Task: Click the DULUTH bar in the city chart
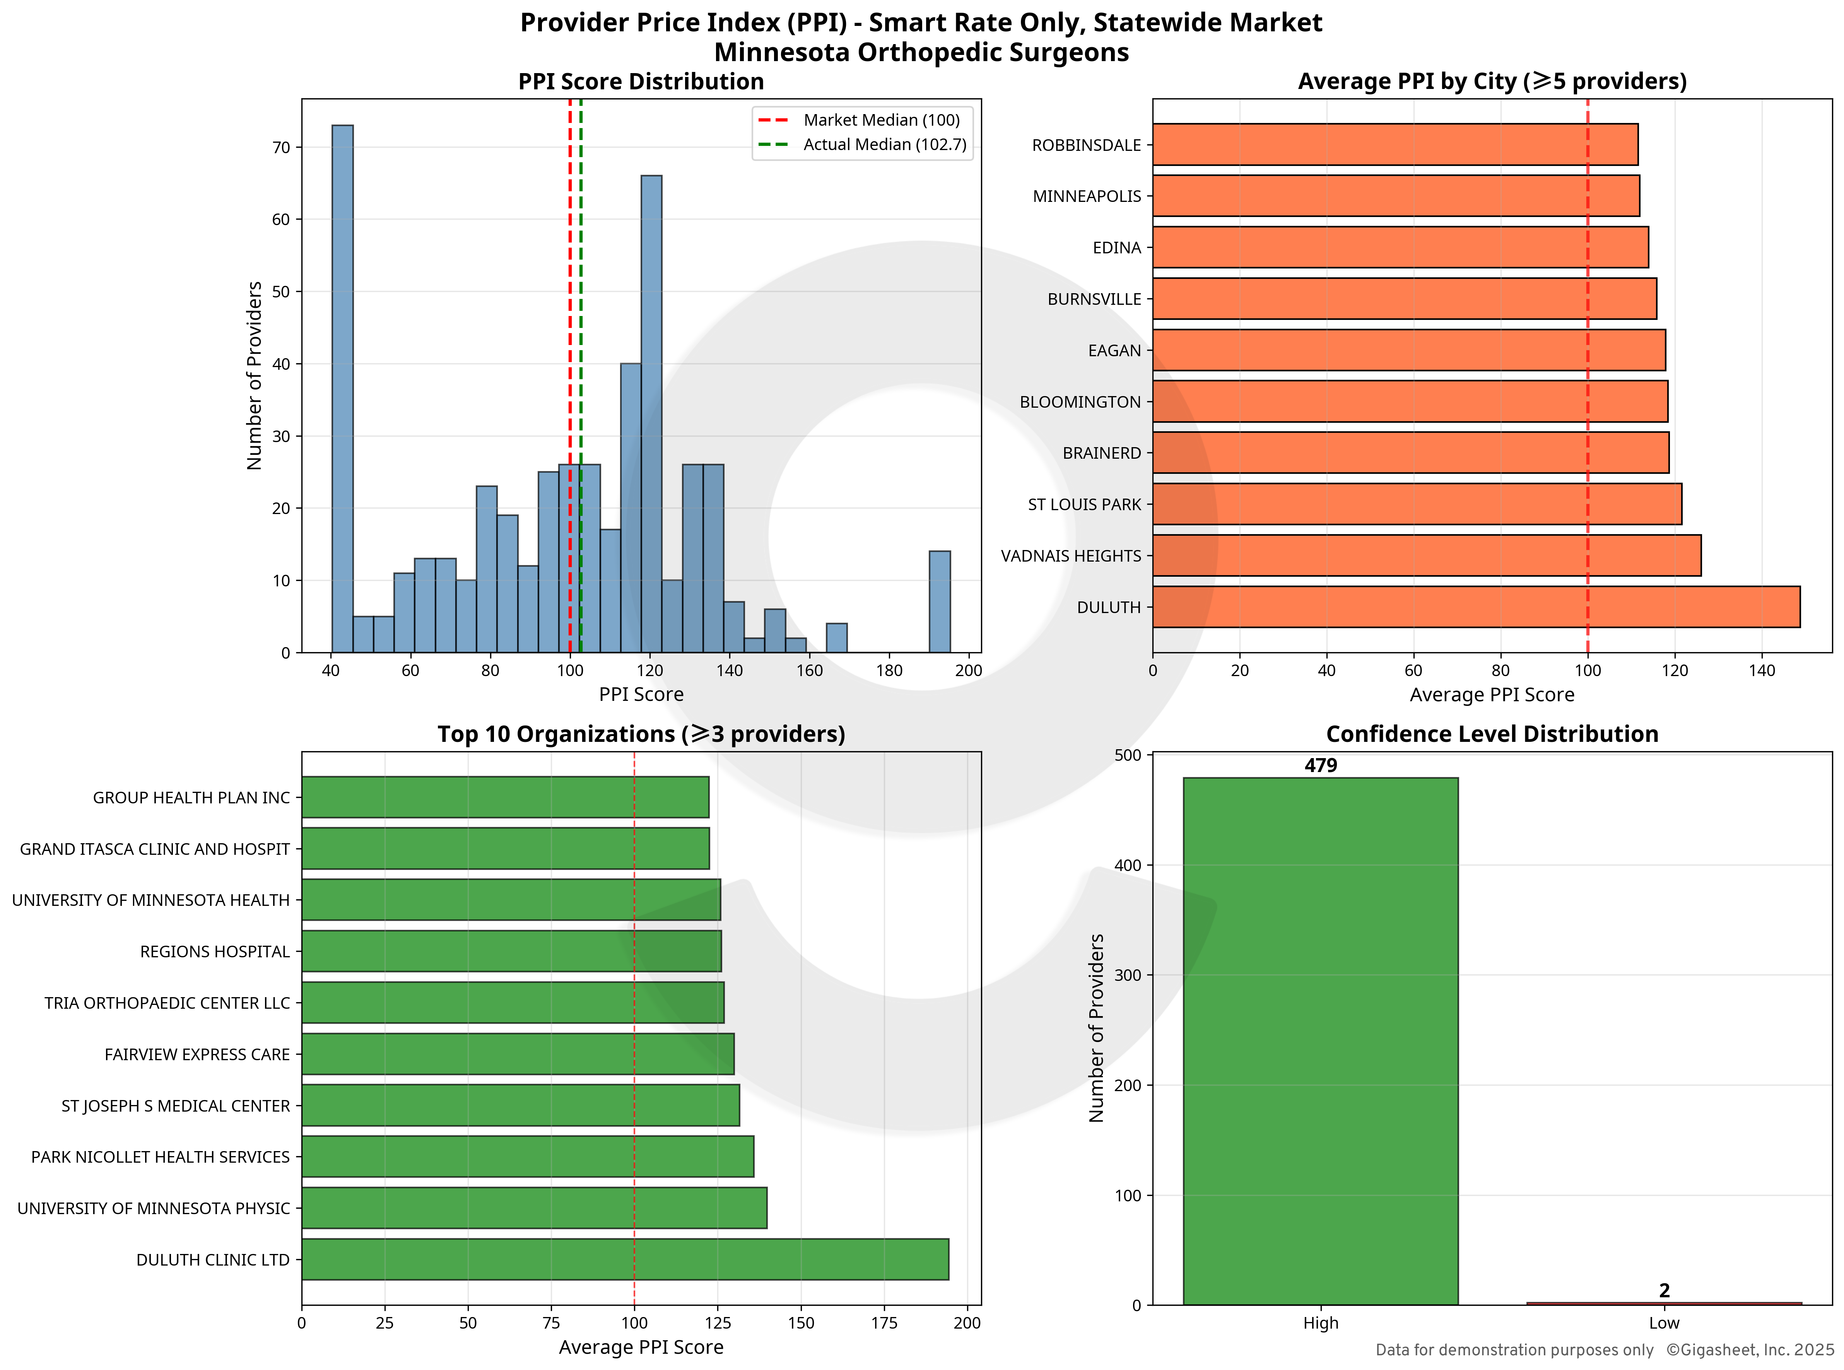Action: click(x=1476, y=607)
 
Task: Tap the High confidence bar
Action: click(x=1320, y=1041)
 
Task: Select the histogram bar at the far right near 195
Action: click(x=940, y=601)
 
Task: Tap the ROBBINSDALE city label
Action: click(x=1086, y=145)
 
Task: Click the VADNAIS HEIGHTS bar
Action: click(x=1426, y=556)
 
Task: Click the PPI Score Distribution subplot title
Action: click(x=641, y=81)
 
